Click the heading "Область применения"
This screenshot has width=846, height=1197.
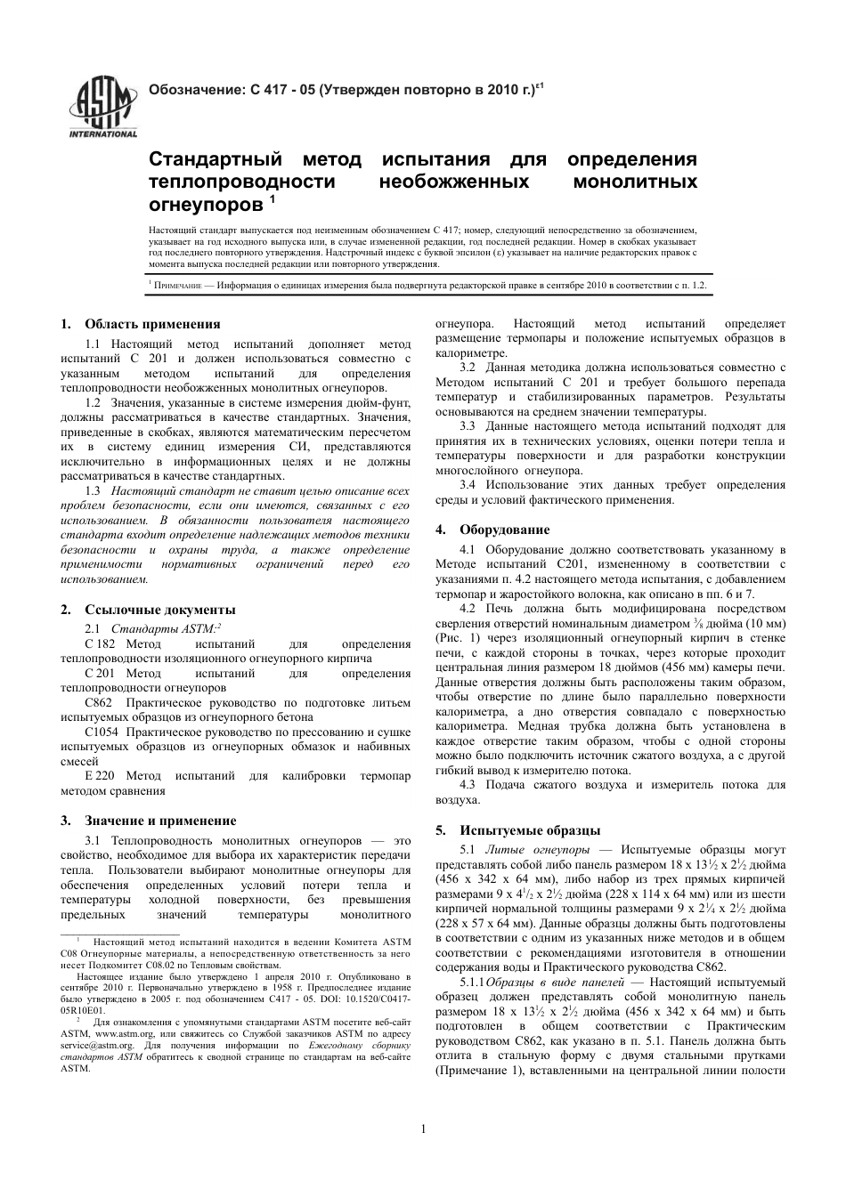(151, 324)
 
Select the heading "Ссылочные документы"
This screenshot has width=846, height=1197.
(159, 610)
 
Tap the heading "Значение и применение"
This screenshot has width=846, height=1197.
(160, 821)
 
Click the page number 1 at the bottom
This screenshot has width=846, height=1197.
(423, 1129)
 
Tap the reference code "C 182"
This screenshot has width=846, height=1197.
(100, 644)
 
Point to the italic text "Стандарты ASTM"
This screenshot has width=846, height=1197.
(164, 628)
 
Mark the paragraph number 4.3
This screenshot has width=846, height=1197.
(468, 785)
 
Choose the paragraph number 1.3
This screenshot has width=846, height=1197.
(93, 491)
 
